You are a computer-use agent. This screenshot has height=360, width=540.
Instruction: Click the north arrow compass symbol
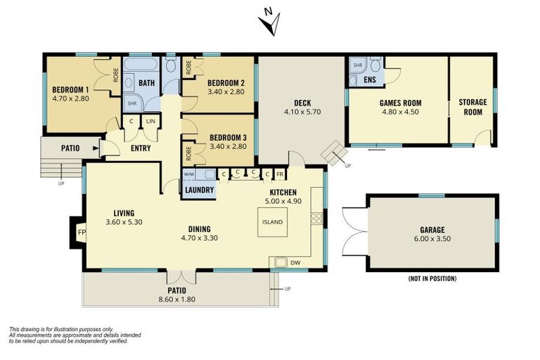pos(270,22)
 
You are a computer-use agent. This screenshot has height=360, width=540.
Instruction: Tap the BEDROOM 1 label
pos(70,89)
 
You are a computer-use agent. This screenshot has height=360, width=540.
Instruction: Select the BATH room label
pos(146,83)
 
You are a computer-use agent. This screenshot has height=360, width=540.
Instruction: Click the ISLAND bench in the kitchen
pos(272,222)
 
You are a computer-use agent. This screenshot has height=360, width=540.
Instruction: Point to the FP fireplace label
pos(81,233)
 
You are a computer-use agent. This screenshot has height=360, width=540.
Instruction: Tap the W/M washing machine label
pos(188,174)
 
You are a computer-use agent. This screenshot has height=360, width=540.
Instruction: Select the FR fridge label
pos(279,174)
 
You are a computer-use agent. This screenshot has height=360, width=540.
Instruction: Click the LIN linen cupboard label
pos(150,122)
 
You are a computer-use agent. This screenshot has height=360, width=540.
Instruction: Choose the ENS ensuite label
pos(370,80)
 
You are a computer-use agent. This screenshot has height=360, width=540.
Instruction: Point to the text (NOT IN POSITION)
pos(432,278)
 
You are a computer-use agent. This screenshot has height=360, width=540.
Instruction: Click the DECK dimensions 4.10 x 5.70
pos(302,112)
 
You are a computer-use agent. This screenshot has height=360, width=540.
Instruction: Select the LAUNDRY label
pos(198,189)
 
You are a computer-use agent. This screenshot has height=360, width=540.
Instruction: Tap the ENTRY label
pos(141,148)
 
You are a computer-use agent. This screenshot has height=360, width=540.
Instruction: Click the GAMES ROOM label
pos(399,102)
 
